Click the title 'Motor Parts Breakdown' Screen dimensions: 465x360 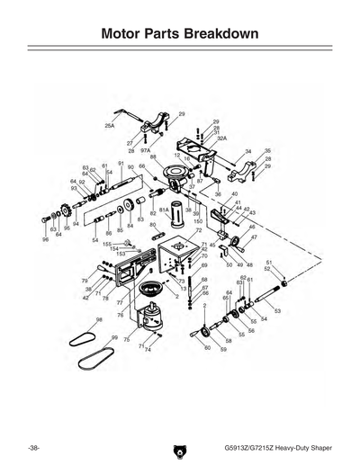click(180, 34)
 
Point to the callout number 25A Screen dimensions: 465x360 click(110, 128)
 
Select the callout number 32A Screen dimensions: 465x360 click(220, 138)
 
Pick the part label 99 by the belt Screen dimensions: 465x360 click(115, 337)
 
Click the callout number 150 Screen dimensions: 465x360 click(198, 221)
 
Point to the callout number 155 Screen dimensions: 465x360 click(106, 244)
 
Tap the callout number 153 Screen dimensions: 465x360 click(120, 254)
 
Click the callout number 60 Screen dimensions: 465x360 click(207, 347)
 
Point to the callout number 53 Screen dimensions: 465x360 click(277, 310)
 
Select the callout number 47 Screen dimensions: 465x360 click(254, 237)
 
